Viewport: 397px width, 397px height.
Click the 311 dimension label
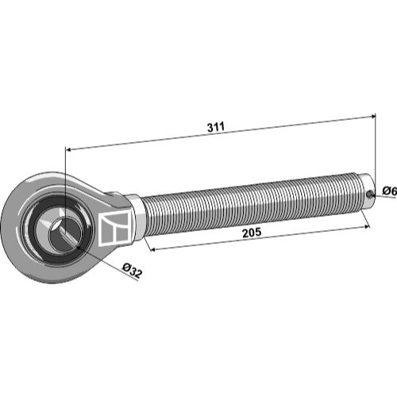216,127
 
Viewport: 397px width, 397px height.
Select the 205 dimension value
252,233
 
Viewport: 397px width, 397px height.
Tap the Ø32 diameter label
132,270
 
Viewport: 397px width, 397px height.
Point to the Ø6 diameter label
390,191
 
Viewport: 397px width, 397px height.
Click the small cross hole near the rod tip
369,195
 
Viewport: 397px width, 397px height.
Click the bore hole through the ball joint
64,232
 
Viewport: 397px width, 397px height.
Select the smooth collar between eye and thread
136,217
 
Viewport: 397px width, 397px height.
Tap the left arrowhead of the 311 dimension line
68,150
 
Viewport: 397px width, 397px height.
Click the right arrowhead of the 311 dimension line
372,117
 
